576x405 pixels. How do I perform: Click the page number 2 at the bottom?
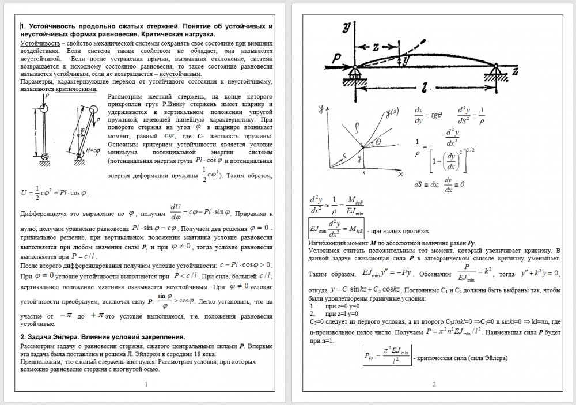coord(434,384)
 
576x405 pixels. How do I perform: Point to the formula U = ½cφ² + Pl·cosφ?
coord(54,192)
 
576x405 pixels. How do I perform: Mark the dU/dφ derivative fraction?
coord(176,212)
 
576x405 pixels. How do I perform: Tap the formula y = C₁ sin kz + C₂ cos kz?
coord(365,289)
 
